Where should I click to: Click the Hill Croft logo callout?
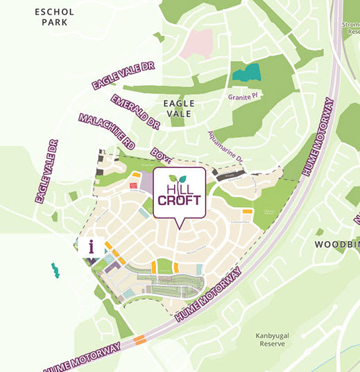(x=180, y=193)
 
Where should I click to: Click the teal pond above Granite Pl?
(x=246, y=73)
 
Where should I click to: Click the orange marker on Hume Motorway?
(x=140, y=339)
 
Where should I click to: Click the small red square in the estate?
(x=132, y=186)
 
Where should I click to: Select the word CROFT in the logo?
(x=180, y=201)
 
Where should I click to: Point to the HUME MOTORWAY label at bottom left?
(x=83, y=355)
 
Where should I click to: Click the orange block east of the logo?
(x=246, y=211)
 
